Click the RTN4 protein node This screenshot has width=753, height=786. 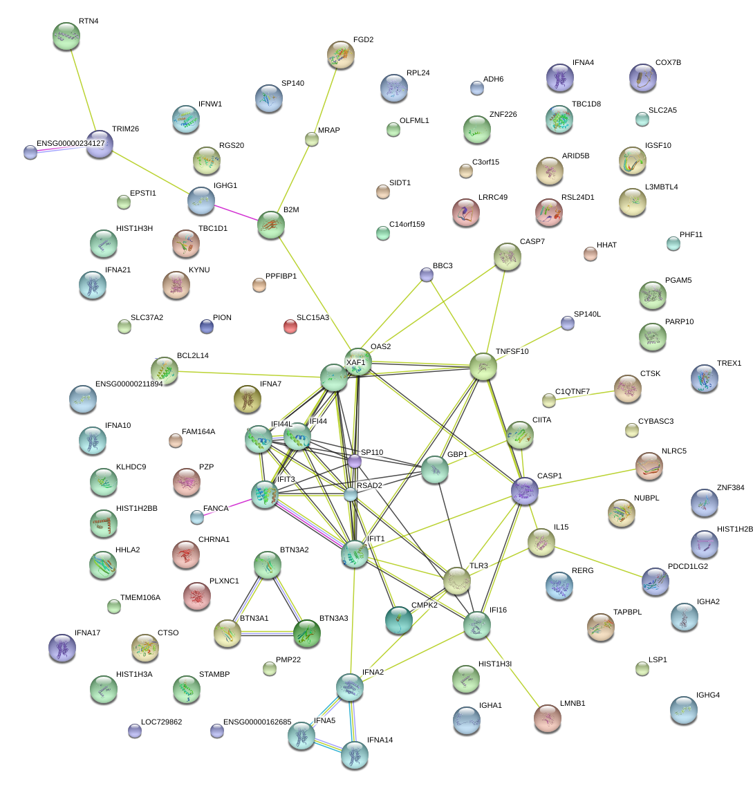point(66,36)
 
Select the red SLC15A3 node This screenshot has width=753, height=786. point(290,326)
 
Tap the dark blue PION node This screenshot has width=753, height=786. point(206,326)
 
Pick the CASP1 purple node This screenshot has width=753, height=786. point(525,490)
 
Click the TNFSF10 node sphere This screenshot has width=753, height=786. point(483,366)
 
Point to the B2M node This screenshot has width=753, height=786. point(270,225)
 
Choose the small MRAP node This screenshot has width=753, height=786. point(312,139)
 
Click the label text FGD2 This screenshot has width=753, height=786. point(363,39)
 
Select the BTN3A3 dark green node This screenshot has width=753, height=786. point(306,633)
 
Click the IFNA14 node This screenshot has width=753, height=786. point(355,754)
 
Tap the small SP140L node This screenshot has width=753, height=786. point(568,323)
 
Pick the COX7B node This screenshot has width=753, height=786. point(642,77)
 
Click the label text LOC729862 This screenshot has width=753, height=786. point(161,722)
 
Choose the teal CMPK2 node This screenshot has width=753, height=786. point(399,620)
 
